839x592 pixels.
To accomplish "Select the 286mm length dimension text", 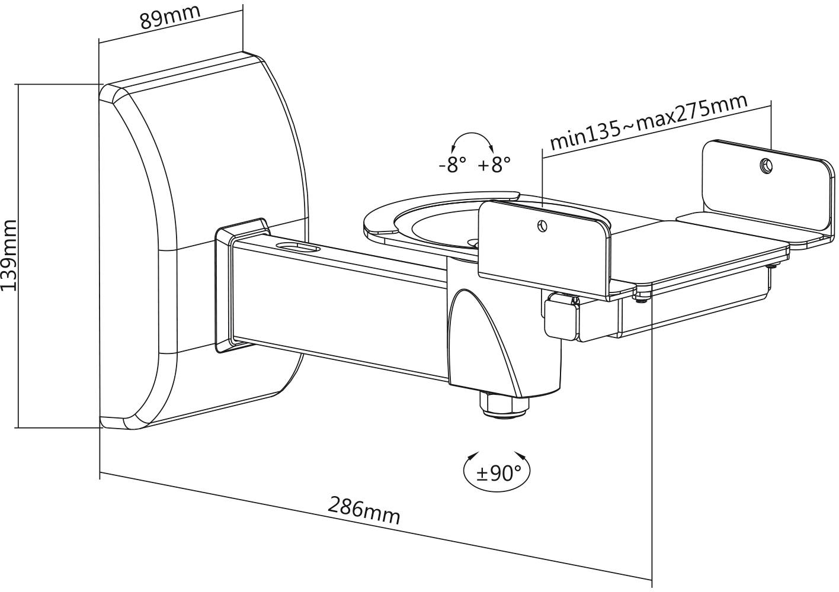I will pyautogui.click(x=364, y=510).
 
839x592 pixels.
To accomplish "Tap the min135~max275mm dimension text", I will pyautogui.click(x=648, y=121).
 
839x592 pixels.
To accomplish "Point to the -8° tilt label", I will pyautogui.click(x=452, y=164).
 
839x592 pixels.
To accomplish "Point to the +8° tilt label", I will pyautogui.click(x=493, y=164).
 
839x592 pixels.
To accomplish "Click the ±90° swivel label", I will pyautogui.click(x=496, y=473).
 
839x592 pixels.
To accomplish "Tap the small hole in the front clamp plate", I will pyautogui.click(x=541, y=226).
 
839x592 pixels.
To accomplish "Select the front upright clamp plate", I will pyautogui.click(x=542, y=249).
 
